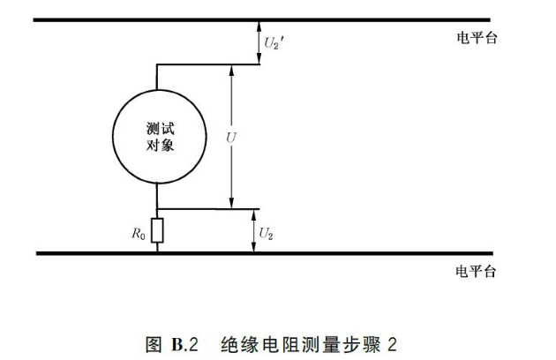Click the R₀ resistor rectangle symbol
pos(157,231)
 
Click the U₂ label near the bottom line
pos(267,232)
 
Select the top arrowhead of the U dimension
pos(231,70)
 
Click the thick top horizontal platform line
pos(265,19)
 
